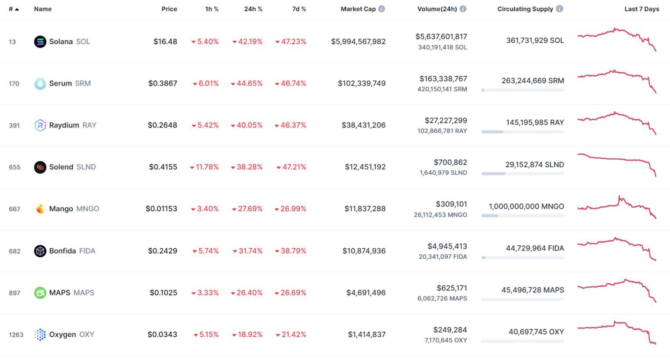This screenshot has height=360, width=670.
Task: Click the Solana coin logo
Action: click(40, 42)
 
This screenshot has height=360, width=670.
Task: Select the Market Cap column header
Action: click(358, 9)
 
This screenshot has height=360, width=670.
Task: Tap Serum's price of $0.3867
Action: click(163, 83)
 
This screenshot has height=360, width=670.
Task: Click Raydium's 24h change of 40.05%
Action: click(249, 125)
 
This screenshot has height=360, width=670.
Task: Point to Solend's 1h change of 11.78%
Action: click(207, 167)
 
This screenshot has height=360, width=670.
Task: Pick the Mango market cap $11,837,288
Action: click(365, 209)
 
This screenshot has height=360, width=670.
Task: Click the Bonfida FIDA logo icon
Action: click(40, 251)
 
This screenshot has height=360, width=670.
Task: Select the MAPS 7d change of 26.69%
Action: click(293, 293)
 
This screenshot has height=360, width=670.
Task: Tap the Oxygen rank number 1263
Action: click(16, 335)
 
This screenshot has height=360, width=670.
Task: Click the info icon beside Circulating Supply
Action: click(560, 9)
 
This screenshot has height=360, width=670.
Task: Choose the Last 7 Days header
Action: click(642, 9)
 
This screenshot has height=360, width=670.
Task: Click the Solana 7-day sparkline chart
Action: click(616, 40)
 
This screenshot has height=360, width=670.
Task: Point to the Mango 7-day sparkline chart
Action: click(616, 207)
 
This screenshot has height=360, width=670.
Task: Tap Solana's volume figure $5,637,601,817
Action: click(441, 37)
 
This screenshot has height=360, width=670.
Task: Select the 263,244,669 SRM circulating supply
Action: click(533, 81)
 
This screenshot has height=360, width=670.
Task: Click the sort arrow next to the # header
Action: click(17, 9)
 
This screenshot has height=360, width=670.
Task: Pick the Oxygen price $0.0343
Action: click(162, 335)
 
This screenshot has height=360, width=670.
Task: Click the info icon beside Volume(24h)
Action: click(463, 9)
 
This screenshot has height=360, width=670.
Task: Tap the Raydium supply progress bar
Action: click(523, 132)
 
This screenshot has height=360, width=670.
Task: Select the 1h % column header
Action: click(212, 9)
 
